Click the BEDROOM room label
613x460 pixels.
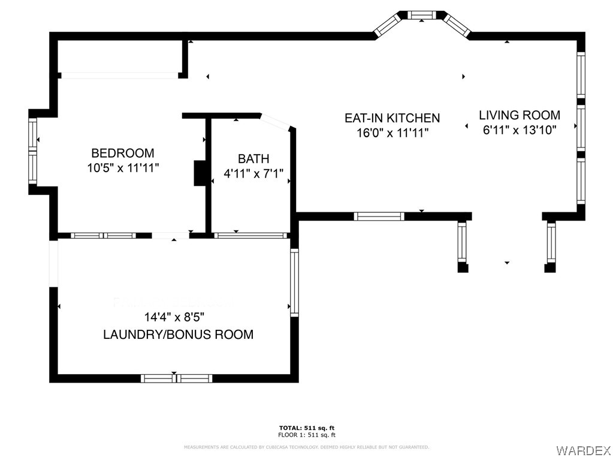pyautogui.click(x=122, y=153)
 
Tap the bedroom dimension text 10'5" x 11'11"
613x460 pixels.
pyautogui.click(x=122, y=168)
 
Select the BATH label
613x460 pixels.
pyautogui.click(x=253, y=159)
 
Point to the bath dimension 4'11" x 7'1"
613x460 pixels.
pyautogui.click(x=253, y=175)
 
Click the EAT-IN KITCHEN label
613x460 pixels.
pyautogui.click(x=392, y=118)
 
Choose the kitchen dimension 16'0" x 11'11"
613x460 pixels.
pyautogui.click(x=392, y=133)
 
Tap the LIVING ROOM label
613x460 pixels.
pyautogui.click(x=520, y=115)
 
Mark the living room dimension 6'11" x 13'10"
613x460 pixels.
pyautogui.click(x=520, y=130)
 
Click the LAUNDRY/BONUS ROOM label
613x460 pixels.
pyautogui.click(x=178, y=335)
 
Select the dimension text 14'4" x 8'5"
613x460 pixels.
pyautogui.click(x=178, y=317)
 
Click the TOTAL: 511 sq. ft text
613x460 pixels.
pyautogui.click(x=306, y=428)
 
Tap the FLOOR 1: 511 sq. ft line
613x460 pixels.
pyautogui.click(x=306, y=435)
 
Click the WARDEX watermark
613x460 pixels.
pyautogui.click(x=583, y=450)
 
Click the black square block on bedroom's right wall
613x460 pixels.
pyautogui.click(x=199, y=173)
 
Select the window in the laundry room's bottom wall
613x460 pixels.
pyautogui.click(x=176, y=378)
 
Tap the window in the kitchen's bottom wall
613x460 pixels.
pyautogui.click(x=379, y=217)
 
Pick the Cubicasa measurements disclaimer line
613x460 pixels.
pyautogui.click(x=306, y=447)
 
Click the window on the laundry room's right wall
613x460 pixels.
pyautogui.click(x=294, y=282)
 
